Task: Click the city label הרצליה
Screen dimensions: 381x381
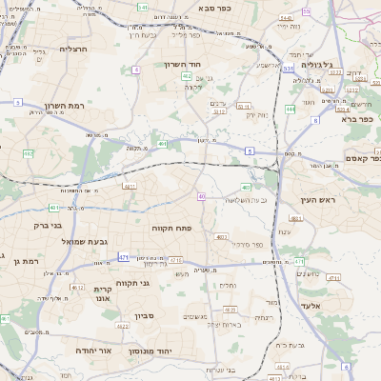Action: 73,49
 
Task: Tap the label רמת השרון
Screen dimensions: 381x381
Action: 64,107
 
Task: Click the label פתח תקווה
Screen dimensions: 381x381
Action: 171,229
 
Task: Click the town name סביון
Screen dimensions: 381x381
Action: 143,314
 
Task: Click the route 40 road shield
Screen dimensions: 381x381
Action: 201,196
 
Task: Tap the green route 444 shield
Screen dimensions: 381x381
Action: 291,110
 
